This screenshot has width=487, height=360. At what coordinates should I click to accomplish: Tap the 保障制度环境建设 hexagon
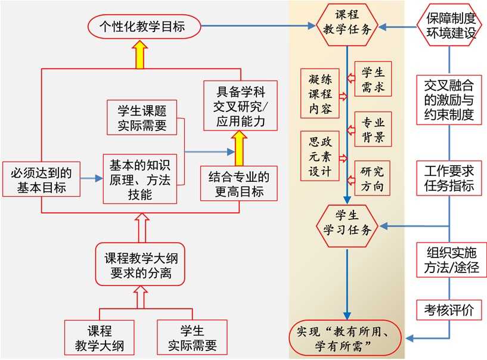450,26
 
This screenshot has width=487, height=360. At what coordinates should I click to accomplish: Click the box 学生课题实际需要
143,117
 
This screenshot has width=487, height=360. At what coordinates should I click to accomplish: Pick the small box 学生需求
373,80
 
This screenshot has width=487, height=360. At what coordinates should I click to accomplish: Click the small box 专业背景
373,130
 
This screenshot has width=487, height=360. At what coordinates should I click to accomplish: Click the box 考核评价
449,310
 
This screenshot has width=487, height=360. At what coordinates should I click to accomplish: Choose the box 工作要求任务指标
449,178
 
